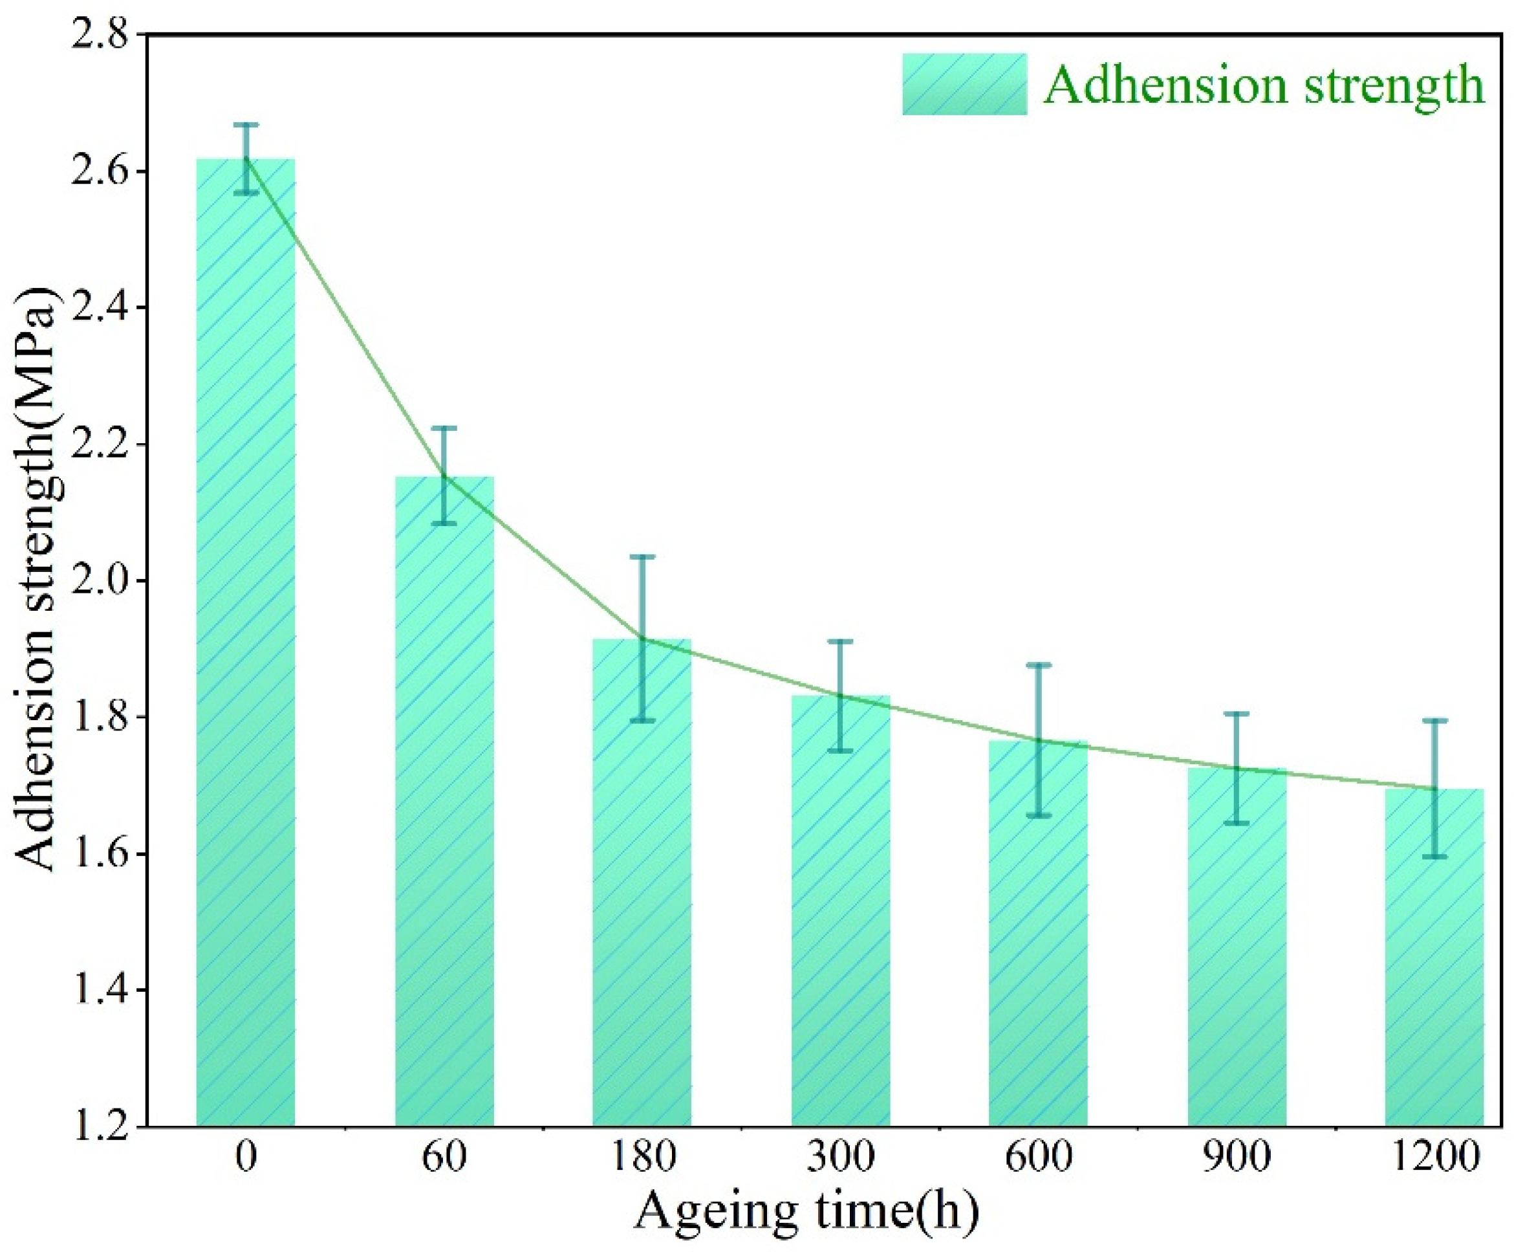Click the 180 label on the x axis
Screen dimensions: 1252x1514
(642, 1157)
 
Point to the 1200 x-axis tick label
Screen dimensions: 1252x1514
(1434, 1157)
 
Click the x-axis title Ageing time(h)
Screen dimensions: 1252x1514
(806, 1212)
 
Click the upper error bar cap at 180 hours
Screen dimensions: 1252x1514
(642, 556)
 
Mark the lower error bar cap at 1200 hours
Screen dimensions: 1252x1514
(1434, 857)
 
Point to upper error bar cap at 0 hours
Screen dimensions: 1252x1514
(246, 124)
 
